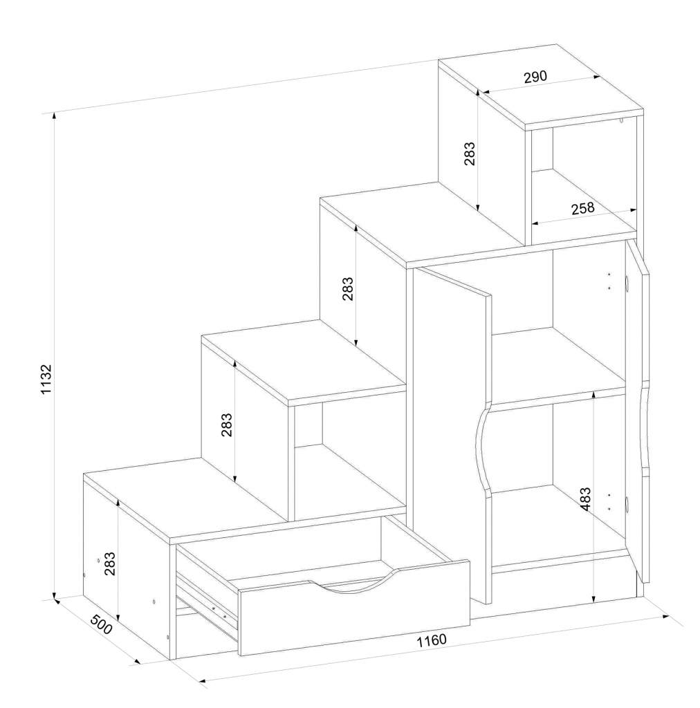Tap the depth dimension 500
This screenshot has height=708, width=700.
[101, 624]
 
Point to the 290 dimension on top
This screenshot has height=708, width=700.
[535, 77]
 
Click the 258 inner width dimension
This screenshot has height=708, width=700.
[583, 209]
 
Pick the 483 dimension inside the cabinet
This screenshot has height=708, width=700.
[585, 499]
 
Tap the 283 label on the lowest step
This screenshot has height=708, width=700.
[110, 563]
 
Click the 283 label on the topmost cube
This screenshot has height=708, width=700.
[470, 153]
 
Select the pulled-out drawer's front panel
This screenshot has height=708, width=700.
[355, 607]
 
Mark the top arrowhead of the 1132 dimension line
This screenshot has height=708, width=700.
[55, 115]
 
